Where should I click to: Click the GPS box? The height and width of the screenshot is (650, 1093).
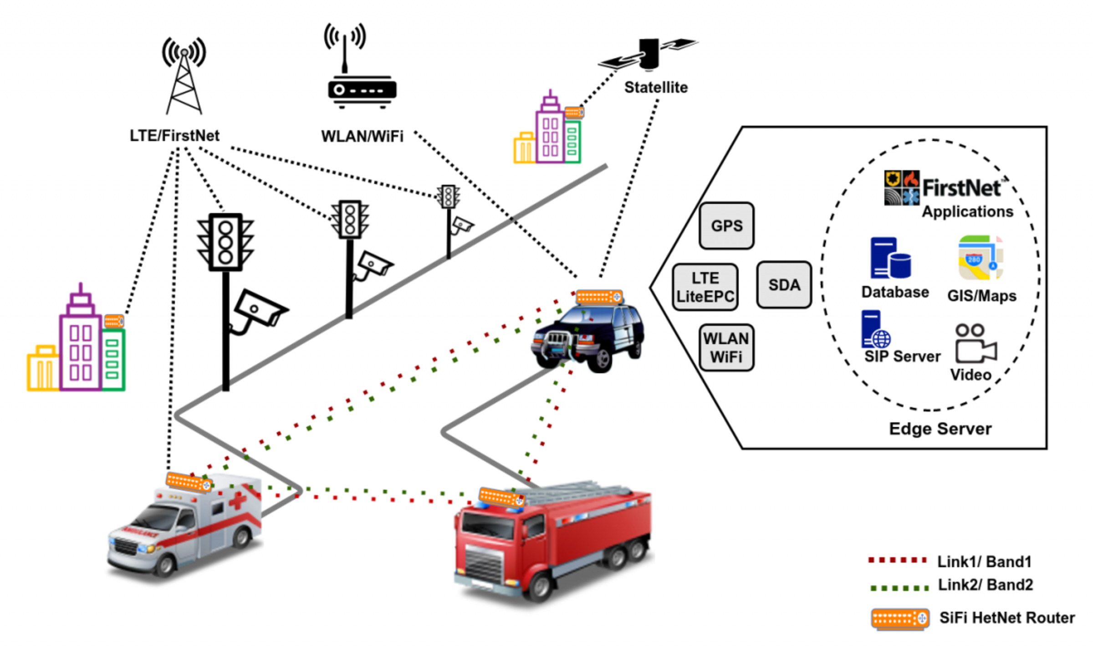[726, 226]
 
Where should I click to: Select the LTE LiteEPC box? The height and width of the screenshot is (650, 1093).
[705, 287]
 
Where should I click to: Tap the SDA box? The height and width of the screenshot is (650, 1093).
[784, 285]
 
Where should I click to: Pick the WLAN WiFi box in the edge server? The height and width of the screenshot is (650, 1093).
[726, 348]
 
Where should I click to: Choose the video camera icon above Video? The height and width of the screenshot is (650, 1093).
[975, 344]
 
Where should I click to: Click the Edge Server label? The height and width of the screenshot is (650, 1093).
[940, 429]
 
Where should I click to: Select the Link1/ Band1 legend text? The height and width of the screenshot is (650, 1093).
[984, 562]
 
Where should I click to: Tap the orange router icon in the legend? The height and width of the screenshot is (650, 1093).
[900, 619]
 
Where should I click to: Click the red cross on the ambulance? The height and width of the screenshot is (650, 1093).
[238, 501]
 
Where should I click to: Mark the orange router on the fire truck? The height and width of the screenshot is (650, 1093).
[501, 498]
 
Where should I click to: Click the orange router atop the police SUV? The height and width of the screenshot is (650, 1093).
[599, 297]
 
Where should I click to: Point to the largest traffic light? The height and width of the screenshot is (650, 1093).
[225, 242]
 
